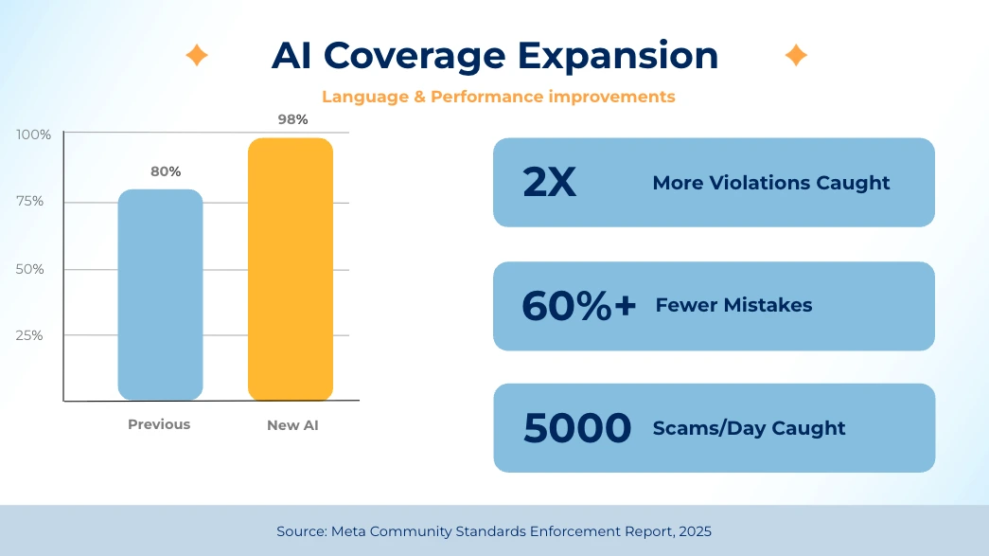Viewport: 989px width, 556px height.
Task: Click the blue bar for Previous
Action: pos(160,295)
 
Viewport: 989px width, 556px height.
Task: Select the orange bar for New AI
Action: pos(291,269)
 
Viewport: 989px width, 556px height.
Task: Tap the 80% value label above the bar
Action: pos(166,171)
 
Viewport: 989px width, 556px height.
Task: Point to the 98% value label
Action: pos(292,119)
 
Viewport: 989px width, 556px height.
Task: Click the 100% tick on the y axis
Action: pos(34,135)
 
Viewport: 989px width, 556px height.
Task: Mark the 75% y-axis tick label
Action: pos(31,202)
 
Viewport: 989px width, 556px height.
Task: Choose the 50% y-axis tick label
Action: pos(31,269)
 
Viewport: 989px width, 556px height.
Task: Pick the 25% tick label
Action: pos(31,335)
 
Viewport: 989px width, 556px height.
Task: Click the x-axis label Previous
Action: pos(159,424)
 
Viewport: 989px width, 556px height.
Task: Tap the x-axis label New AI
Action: pos(292,425)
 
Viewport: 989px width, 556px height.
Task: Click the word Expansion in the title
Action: pos(618,55)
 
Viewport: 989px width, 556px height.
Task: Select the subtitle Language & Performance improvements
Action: pos(498,97)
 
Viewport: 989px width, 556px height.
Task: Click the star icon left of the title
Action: pos(197,56)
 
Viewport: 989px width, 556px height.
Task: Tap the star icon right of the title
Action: pos(796,56)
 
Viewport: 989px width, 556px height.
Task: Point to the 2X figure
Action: pos(549,183)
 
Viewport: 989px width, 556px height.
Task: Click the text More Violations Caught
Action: pos(770,183)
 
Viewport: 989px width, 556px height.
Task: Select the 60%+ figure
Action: pos(578,306)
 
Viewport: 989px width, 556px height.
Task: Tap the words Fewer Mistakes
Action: pos(733,305)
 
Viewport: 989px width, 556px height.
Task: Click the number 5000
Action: pos(576,428)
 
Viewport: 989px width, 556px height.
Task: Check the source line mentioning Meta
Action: pos(494,531)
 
